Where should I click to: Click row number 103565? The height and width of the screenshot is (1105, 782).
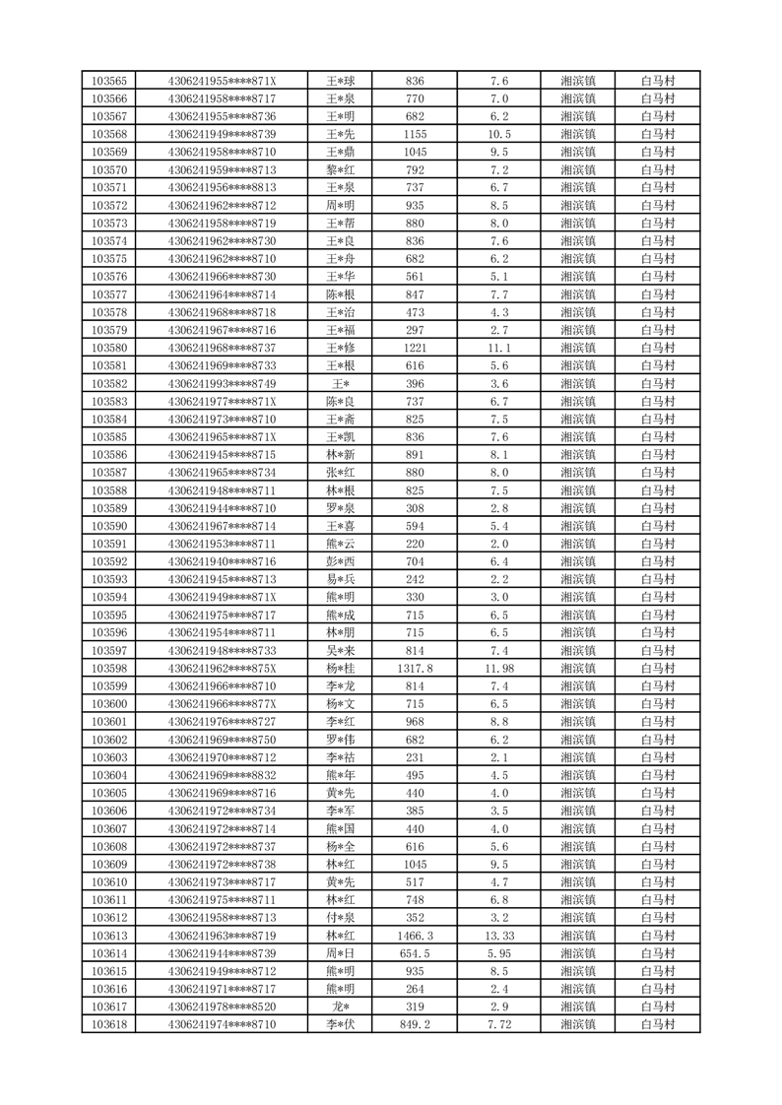[x=108, y=81]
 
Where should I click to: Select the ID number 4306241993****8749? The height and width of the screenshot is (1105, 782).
[x=223, y=383]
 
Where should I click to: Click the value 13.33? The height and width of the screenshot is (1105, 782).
[x=498, y=936]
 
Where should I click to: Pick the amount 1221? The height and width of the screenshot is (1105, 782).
[x=415, y=348]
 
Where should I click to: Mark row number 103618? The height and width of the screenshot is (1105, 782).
[x=108, y=1024]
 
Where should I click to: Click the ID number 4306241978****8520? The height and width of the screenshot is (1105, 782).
[x=223, y=1007]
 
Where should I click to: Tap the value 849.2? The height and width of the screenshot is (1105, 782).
[x=415, y=1024]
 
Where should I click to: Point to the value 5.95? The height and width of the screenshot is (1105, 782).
[x=498, y=953]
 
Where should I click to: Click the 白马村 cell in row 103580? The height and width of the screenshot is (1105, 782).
[x=657, y=348]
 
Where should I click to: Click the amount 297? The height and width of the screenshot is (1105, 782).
[x=415, y=330]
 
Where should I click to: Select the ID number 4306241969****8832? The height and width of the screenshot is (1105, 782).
[x=223, y=775]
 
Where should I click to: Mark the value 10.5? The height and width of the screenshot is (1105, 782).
[x=498, y=134]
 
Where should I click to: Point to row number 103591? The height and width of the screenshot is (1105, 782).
[x=108, y=544]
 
